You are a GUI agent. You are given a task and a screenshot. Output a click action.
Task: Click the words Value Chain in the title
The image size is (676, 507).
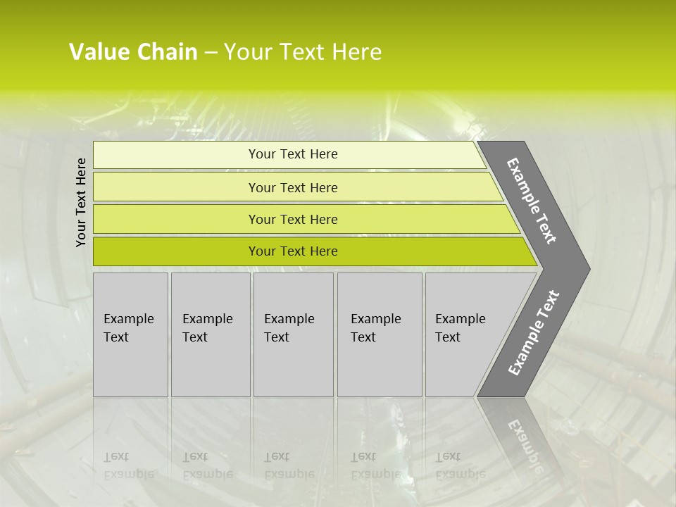tap(133, 52)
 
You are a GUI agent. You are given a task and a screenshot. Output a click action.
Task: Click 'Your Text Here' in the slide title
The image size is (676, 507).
tap(303, 52)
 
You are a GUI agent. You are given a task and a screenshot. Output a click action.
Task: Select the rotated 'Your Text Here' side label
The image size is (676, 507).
tap(82, 202)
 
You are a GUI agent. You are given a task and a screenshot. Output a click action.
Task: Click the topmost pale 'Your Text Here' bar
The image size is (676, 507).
tap(293, 154)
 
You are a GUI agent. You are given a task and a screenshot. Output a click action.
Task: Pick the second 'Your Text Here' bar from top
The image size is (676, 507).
tap(293, 187)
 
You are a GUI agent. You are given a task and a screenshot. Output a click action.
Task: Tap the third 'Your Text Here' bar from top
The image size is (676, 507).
tap(293, 219)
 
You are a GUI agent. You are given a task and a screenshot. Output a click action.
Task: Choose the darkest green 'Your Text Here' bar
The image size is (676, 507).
tap(293, 251)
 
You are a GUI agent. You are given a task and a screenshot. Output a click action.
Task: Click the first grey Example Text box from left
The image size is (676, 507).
tap(130, 334)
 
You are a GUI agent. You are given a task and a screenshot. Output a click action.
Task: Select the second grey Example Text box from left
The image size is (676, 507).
tap(210, 334)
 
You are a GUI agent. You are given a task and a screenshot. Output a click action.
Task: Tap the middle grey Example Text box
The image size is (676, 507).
tap(293, 334)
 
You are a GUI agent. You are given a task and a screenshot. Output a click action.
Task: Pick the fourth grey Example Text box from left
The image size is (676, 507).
tap(380, 334)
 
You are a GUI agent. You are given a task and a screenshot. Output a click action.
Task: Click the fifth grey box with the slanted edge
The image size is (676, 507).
tap(465, 334)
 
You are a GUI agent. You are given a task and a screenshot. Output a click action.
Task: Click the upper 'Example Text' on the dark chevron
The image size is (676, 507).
tap(532, 201)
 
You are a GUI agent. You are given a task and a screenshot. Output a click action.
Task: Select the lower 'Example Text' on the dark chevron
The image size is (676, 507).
tap(534, 333)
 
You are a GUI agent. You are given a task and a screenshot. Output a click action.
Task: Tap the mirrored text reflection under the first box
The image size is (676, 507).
tap(128, 465)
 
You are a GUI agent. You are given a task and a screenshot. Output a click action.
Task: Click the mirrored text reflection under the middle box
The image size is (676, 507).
tap(289, 465)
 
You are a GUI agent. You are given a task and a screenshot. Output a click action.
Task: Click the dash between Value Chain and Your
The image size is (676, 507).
tap(211, 52)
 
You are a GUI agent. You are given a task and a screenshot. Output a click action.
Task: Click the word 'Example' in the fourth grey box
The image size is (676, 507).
tap(375, 319)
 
